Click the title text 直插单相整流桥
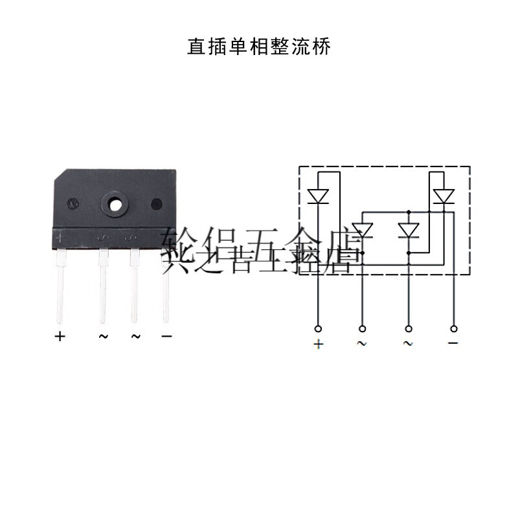tap(258, 47)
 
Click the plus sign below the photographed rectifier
tap(60, 337)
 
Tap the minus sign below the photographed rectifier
tap(166, 337)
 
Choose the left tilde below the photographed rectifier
tap(103, 337)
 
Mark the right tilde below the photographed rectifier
tap(135, 337)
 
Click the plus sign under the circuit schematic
tap(318, 344)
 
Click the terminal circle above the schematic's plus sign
tap(318, 328)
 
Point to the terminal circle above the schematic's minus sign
tap(453, 328)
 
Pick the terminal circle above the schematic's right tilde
tap(408, 328)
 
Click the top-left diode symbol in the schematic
tap(318, 195)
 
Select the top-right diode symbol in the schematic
tap(444, 195)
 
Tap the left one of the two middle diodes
tap(363, 230)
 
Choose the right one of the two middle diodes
tap(409, 230)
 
